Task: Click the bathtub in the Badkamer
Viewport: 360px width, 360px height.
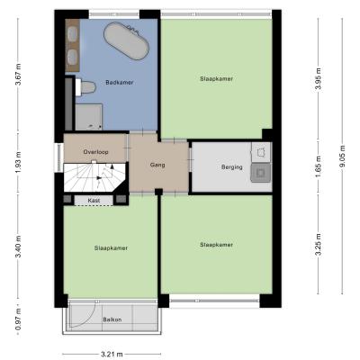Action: coord(126,41)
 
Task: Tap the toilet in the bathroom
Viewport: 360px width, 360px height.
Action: coord(85,87)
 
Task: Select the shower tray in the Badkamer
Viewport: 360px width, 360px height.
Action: coord(88,117)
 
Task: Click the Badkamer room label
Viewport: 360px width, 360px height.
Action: coord(120,83)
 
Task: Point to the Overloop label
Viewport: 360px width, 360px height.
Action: coord(95,152)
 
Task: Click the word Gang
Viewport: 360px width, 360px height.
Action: coord(157,165)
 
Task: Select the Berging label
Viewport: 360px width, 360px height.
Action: coord(232,167)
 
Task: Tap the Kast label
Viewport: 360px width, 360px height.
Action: coord(94,200)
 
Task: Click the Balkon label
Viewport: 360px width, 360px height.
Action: coord(112,319)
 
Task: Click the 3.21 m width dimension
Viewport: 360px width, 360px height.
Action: coord(112,355)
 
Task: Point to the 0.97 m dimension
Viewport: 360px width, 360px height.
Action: coord(18,319)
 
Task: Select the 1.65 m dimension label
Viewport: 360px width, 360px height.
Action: coord(319,166)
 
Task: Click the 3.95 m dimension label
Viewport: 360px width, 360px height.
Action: coord(319,78)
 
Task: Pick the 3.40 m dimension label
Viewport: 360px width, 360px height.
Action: coord(18,247)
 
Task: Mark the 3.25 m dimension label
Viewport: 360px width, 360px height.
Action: coord(319,245)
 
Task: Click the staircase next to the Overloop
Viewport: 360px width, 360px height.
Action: coord(94,177)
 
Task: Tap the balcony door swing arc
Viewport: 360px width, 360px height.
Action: coord(91,319)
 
